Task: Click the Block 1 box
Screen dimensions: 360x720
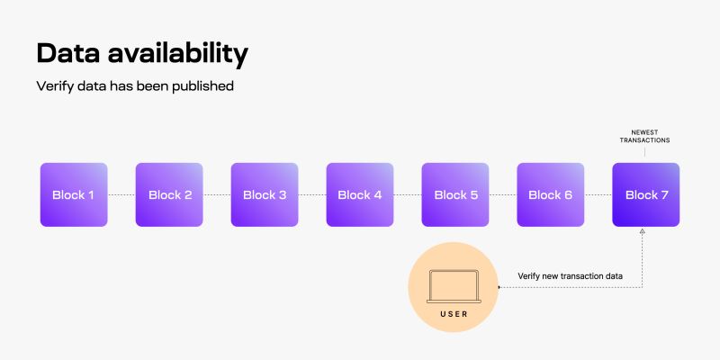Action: (74, 194)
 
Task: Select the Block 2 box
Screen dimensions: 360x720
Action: (169, 194)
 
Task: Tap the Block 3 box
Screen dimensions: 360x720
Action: (265, 194)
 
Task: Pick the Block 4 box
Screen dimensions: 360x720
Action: (360, 194)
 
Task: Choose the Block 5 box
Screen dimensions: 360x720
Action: (455, 194)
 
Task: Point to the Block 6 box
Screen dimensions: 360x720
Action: (551, 194)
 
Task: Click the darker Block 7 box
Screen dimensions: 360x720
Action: (646, 194)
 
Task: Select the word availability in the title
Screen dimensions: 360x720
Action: (180, 53)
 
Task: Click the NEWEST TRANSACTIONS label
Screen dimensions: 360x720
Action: (645, 136)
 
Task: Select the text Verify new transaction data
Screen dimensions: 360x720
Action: (570, 275)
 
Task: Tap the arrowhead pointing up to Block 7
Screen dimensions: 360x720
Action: (642, 232)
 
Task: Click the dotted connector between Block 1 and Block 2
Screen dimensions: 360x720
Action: (121, 194)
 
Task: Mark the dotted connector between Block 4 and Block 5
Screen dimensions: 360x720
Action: (408, 194)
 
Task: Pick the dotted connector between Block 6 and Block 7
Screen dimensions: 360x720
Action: (598, 194)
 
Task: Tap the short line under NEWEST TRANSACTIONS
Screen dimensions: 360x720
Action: (645, 154)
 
